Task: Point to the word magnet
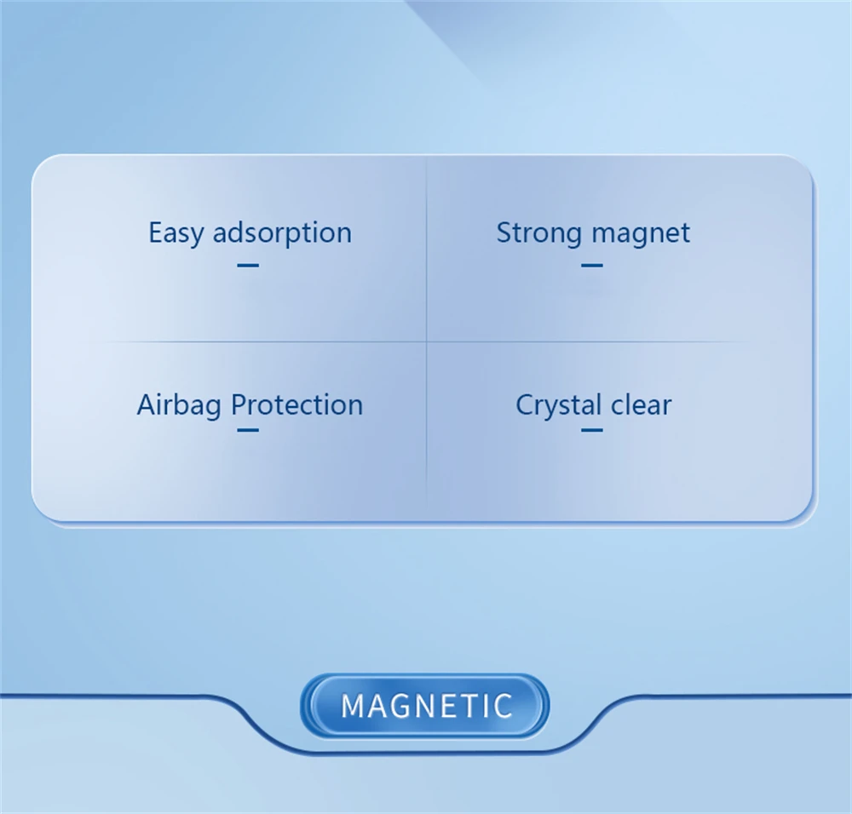click(642, 234)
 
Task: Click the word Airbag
click(179, 406)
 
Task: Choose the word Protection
click(296, 405)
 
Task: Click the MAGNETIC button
click(425, 705)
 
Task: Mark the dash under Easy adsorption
click(248, 265)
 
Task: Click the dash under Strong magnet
click(592, 265)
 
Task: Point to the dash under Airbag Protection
click(248, 430)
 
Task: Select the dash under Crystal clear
click(592, 430)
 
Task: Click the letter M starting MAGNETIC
click(354, 705)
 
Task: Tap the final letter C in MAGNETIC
click(504, 705)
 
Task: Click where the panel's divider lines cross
click(427, 341)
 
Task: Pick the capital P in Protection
click(239, 405)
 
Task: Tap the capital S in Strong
click(504, 233)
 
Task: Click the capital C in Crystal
click(526, 405)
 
